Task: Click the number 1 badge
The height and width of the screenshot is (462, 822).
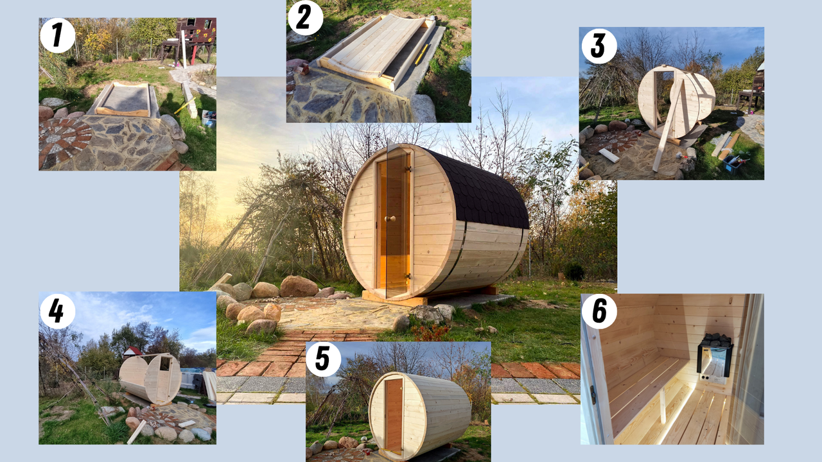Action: (58, 35)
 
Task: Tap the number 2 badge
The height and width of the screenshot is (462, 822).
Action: (305, 17)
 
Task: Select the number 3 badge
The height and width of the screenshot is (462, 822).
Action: (599, 46)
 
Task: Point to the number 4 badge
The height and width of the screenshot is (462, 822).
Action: (58, 311)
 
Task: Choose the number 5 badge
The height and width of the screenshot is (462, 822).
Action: (323, 359)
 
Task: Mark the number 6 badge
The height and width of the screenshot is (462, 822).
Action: (599, 311)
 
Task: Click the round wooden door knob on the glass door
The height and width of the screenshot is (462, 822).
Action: (390, 219)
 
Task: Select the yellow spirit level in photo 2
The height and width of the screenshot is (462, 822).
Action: (422, 55)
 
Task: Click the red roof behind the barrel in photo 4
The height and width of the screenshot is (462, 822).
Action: (132, 351)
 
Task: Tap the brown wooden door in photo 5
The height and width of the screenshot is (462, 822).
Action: (394, 416)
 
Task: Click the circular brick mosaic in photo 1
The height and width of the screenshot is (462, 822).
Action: (64, 141)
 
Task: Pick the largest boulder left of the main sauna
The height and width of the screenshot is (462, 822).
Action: (299, 287)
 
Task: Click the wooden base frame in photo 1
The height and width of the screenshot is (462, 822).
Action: (122, 99)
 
